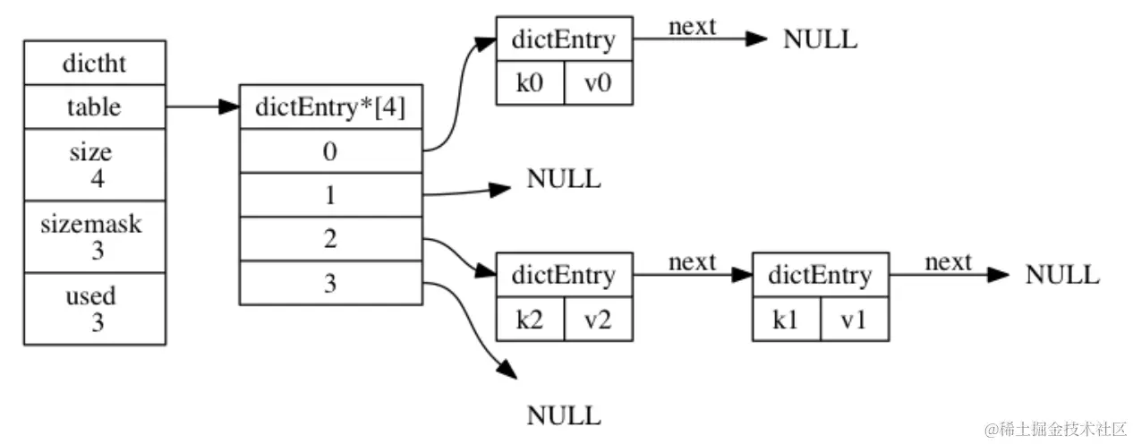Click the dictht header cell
(94, 63)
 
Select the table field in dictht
(94, 107)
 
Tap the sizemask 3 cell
(94, 236)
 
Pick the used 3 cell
(94, 309)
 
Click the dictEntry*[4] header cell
(331, 107)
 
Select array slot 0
(331, 151)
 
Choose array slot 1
(331, 194)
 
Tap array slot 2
(331, 239)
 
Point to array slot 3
(331, 283)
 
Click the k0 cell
(531, 83)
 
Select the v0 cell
(599, 83)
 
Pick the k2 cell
(531, 319)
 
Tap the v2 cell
(599, 319)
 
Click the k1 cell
(787, 319)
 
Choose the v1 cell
(855, 319)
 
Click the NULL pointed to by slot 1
(564, 179)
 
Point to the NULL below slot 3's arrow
(564, 415)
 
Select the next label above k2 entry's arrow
(693, 261)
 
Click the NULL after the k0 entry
(820, 39)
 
